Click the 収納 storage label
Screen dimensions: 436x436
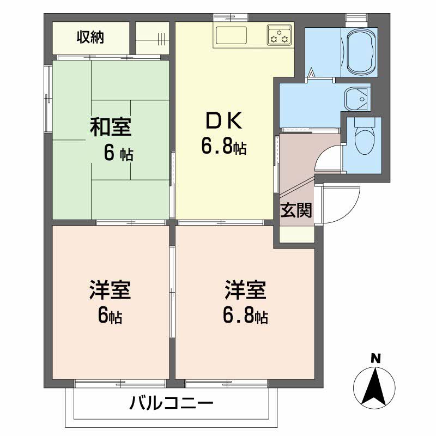pos(90,38)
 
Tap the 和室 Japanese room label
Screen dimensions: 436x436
pos(110,127)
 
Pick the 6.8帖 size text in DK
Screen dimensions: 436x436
pos(223,146)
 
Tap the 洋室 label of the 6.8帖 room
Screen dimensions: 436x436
pos(246,290)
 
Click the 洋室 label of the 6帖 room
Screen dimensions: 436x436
pos(110,290)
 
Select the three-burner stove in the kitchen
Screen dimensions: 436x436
pos(280,35)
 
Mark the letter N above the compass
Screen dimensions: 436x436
pos(375,358)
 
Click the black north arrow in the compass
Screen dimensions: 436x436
pos(375,384)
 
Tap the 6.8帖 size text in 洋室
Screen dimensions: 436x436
pos(246,316)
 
